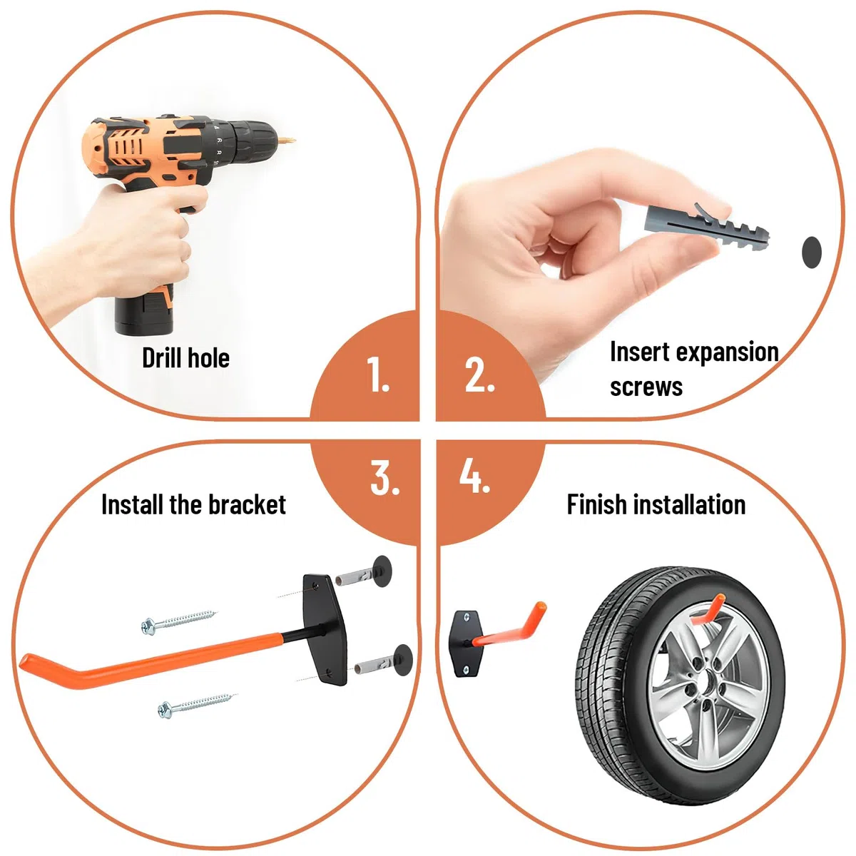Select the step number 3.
pos(384,477)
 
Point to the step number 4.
pos(474,476)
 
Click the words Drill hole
pos(185,357)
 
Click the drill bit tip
pos(292,141)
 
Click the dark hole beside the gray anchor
pos(812,252)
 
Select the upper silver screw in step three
pos(178,621)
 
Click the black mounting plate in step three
pos(325,630)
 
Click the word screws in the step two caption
pos(646,387)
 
